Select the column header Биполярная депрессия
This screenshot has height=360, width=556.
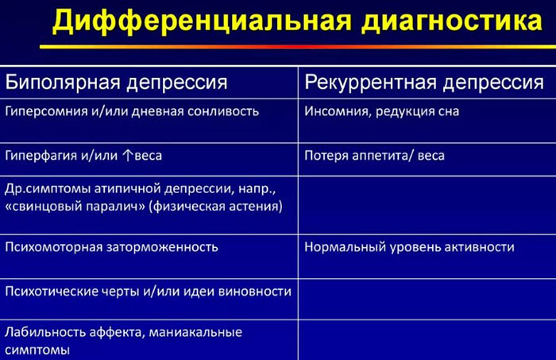coord(117,83)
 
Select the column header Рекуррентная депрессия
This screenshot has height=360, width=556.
coord(424,83)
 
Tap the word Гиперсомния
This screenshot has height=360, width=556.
coord(48,111)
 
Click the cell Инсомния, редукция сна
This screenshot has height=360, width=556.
coord(381,111)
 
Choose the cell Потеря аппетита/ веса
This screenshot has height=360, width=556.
coord(374,155)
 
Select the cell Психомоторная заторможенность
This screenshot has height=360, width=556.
coord(111,247)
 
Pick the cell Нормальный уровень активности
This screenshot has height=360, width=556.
coord(409,247)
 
